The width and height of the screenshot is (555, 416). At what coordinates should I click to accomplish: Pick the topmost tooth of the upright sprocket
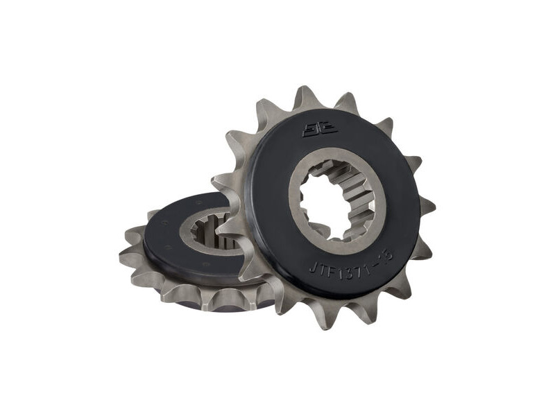pyautogui.click(x=303, y=98)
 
